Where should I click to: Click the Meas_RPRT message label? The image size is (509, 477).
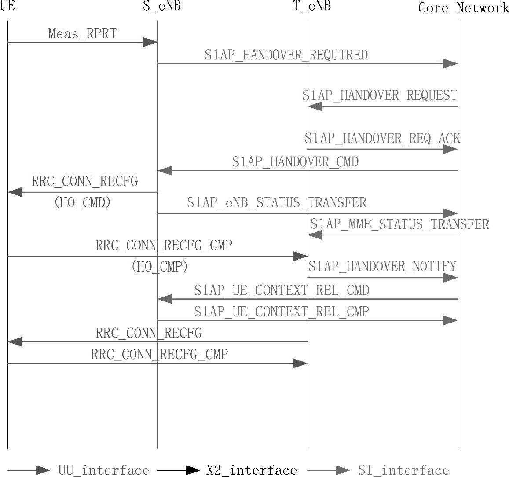click(x=82, y=33)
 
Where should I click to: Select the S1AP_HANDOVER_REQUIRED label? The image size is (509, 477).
click(x=286, y=55)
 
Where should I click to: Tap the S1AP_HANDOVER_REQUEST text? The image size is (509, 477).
click(x=380, y=95)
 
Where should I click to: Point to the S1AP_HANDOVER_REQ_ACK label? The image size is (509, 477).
click(x=382, y=139)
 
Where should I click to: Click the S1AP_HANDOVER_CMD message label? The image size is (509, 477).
click(x=295, y=162)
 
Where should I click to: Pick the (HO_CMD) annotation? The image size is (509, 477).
click(x=82, y=202)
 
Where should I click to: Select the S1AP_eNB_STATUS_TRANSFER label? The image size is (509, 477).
click(x=276, y=202)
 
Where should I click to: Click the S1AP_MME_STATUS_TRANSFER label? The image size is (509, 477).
click(x=399, y=224)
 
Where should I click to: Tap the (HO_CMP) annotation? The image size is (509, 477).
click(x=160, y=266)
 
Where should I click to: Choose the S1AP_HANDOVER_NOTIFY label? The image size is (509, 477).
click(x=382, y=266)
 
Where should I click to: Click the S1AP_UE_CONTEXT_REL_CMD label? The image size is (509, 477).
click(x=282, y=290)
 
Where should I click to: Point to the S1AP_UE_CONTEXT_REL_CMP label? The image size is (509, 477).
click(x=282, y=312)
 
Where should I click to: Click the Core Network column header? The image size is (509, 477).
click(x=463, y=7)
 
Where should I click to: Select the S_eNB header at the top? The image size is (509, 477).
click(x=162, y=6)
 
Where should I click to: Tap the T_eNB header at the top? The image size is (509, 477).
click(x=312, y=6)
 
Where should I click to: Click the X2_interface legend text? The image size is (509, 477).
click(x=252, y=470)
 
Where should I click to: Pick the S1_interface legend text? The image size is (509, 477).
click(x=403, y=470)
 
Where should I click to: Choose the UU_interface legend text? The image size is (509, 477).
click(x=103, y=470)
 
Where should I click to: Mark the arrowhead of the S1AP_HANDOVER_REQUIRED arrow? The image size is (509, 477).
click(x=450, y=63)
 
